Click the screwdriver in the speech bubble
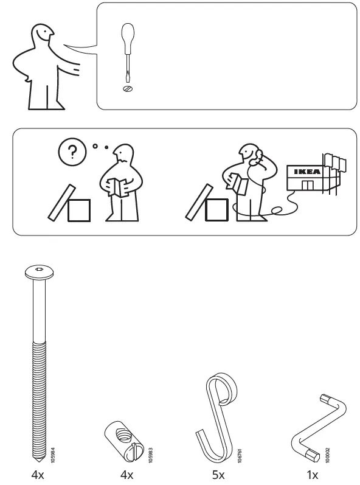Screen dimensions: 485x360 [x=128, y=52]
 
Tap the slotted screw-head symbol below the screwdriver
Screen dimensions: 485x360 [x=128, y=89]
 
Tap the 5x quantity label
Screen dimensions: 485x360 [x=218, y=475]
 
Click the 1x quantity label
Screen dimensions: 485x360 [x=313, y=475]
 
